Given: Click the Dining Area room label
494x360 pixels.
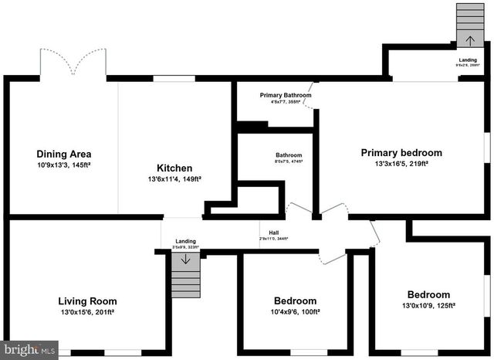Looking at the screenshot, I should coord(63,154).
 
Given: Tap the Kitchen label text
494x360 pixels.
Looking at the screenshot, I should coord(174,168).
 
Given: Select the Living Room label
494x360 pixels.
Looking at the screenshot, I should coord(87,301).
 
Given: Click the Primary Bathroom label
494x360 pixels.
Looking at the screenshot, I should coord(276,95).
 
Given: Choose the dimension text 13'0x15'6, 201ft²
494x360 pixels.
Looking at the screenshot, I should coord(87,312).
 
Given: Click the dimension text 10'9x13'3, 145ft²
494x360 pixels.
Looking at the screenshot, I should coord(63,165).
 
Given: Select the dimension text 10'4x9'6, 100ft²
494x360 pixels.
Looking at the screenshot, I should coord(295,312).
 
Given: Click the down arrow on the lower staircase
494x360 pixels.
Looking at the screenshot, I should coord(184,260).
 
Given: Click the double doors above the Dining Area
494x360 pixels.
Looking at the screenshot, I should coord(73,63).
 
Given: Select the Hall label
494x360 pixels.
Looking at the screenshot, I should coord(274,233).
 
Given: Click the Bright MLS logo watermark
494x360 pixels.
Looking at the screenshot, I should coord(29,350).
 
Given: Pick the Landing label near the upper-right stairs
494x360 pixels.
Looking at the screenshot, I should coord(468,59).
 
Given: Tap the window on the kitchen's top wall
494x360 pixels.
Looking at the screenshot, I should coord(174,78).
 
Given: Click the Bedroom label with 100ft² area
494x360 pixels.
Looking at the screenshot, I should coord(295,301).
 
